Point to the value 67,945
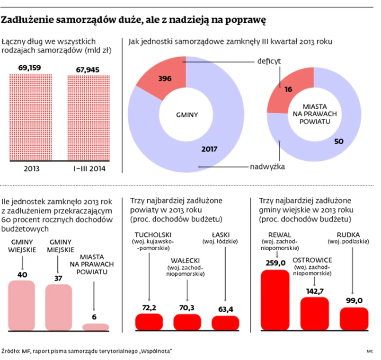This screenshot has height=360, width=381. click(x=88, y=70)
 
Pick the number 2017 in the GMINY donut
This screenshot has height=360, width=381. click(x=208, y=149)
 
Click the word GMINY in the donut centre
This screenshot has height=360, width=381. click(x=186, y=114)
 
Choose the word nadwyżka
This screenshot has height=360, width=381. click(x=267, y=167)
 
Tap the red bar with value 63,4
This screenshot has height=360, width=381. click(x=225, y=322)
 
